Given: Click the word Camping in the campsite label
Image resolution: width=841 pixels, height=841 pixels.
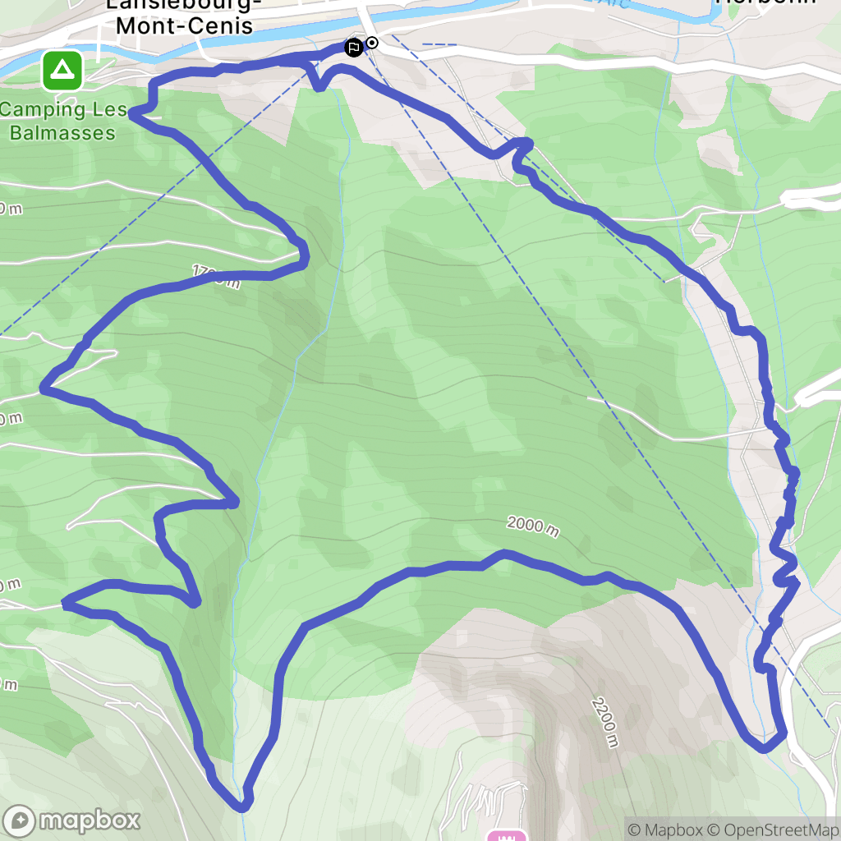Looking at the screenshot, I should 43,110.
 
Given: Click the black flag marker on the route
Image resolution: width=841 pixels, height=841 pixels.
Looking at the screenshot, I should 353,48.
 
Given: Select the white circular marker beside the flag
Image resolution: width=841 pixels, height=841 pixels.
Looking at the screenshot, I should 372,43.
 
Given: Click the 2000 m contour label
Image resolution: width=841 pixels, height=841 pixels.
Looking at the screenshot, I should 533,525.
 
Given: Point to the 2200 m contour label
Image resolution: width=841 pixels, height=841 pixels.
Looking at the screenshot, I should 604,723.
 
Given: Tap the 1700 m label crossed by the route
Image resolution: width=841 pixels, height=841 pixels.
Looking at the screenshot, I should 215,277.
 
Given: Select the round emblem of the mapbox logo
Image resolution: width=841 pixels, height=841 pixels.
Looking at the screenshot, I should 20,820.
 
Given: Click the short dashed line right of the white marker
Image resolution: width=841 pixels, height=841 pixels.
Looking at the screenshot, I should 439,44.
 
